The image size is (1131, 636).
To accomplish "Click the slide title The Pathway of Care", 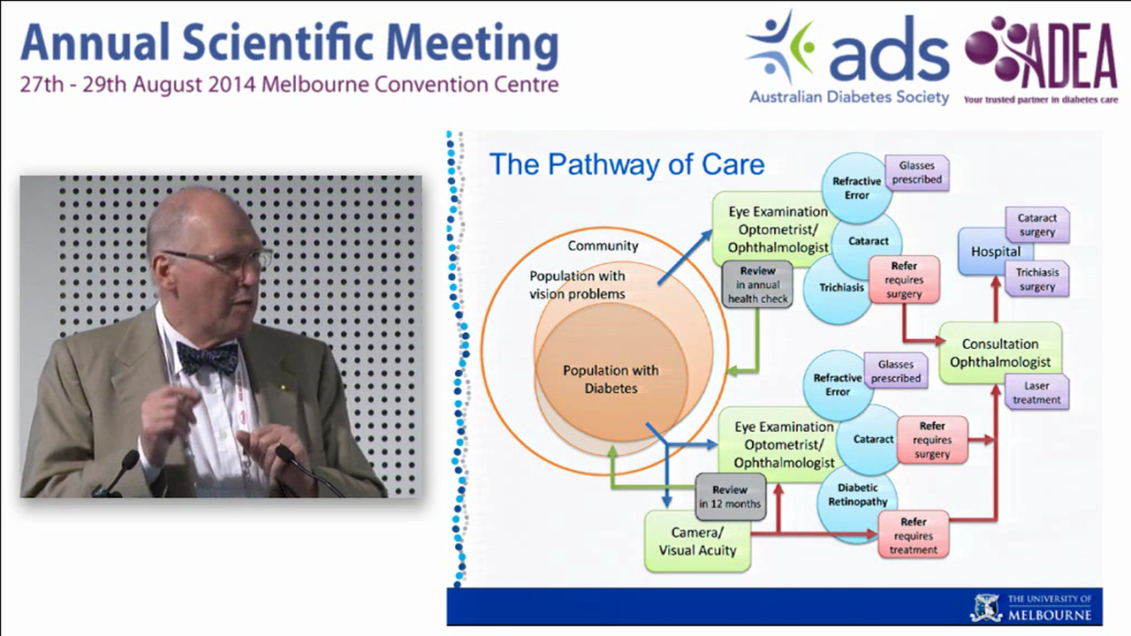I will pos(626,164).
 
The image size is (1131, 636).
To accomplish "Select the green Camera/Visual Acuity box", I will pos(697,541).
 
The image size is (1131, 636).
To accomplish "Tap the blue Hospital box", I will pos(995,252).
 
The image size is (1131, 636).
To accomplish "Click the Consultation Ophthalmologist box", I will pos(1000,352).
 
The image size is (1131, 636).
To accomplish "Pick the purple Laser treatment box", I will pos(1036,392).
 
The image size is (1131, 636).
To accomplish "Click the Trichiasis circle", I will pos(835,288).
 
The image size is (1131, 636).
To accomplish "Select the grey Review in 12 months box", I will pos(729,496).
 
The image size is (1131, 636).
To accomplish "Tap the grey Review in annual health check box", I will pos(757,285).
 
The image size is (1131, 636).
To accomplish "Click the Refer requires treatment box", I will pos(913,535).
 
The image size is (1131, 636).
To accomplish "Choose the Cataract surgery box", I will pos(1036,225).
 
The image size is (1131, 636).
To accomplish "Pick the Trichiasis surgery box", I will pos(1036,279).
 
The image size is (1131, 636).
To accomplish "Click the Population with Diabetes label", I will pos(611,379).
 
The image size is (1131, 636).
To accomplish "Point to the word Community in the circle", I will pos(603,246).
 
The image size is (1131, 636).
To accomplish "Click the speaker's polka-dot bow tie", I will pos(208,357).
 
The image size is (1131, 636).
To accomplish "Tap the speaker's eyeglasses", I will pos(221,261).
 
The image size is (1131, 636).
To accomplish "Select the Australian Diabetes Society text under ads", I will pos(849,97).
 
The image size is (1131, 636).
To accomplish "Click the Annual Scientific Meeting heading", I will pos(288,44).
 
